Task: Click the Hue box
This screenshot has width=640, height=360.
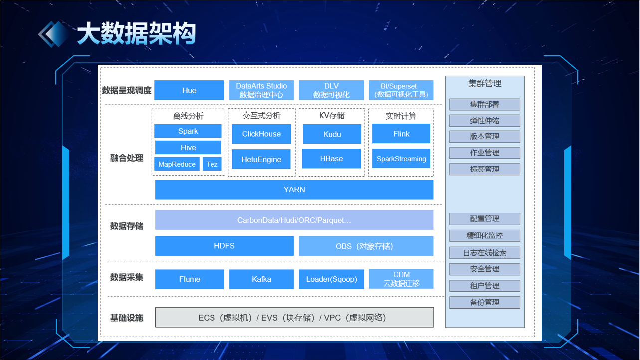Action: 189,90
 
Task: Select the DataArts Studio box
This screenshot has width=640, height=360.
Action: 261,90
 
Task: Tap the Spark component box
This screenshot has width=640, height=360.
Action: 188,131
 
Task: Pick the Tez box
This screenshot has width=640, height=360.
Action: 212,164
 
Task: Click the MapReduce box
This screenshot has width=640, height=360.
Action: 177,164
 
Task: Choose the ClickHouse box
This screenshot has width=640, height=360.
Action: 261,134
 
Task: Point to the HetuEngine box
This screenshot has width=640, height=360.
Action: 261,159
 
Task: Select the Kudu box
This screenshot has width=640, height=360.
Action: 332,134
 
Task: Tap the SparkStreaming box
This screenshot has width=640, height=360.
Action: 401,159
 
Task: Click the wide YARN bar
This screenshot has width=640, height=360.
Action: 294,190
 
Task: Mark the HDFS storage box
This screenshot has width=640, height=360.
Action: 224,246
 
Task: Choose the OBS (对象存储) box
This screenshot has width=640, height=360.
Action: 366,246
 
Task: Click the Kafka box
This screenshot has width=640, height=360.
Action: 261,279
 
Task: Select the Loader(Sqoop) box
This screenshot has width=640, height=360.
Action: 331,279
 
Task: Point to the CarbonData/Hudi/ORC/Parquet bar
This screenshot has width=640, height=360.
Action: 294,220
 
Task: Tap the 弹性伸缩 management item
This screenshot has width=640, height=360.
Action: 484,121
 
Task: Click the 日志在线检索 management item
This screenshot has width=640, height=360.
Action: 484,253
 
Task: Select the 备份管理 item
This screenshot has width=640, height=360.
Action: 484,302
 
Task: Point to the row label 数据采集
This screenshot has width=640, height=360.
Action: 127,277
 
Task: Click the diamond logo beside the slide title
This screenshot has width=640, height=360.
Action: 54,34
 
